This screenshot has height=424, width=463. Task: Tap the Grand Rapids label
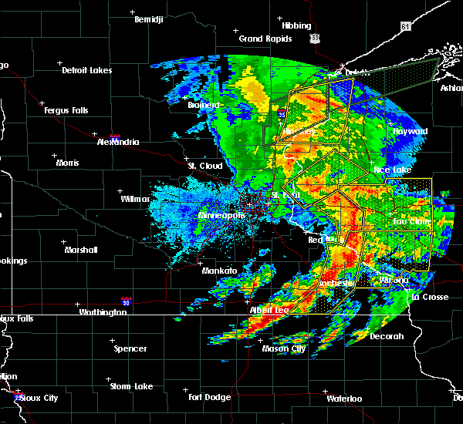point(265,39)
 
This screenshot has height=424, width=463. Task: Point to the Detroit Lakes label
point(86,70)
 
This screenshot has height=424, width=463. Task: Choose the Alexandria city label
point(118,142)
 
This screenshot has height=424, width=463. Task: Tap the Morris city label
point(67,163)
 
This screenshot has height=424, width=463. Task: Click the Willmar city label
point(135,199)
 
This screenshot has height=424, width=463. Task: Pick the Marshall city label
point(81,250)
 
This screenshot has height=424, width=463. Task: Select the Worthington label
point(103,312)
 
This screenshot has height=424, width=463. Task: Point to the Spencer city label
point(130,348)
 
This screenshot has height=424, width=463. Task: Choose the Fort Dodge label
point(211,397)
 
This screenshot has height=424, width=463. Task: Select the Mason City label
point(283,348)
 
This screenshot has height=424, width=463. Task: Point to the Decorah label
point(387,336)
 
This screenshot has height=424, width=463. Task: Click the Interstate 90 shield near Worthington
point(126,301)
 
